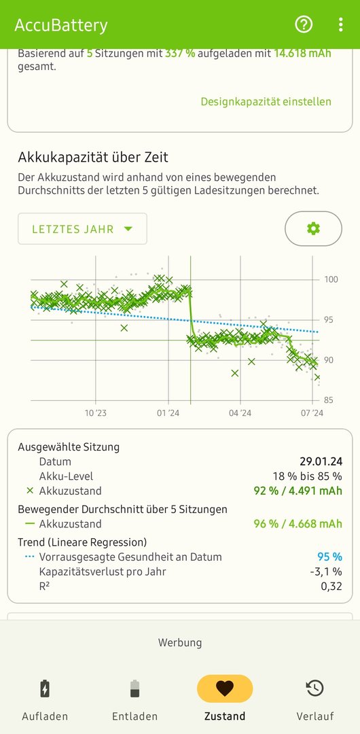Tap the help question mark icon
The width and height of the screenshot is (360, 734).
click(x=304, y=24)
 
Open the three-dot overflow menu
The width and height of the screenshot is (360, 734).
click(x=340, y=24)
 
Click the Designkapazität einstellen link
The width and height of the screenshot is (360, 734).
click(x=266, y=101)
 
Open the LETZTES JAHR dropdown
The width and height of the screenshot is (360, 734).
click(x=82, y=229)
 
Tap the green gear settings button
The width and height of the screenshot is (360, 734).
click(x=313, y=228)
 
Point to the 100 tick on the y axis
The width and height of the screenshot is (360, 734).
click(x=331, y=279)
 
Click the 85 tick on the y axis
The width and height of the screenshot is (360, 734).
click(x=329, y=400)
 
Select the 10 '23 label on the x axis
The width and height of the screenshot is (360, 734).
click(x=96, y=413)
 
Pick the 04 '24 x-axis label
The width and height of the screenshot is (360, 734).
click(x=240, y=413)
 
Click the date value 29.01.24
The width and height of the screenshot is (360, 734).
click(x=321, y=461)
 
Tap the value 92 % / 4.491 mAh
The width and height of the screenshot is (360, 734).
click(x=298, y=491)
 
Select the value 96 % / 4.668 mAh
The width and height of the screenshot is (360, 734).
click(x=298, y=524)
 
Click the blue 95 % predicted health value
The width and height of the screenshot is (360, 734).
click(x=329, y=557)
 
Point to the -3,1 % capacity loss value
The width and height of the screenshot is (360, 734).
click(x=326, y=572)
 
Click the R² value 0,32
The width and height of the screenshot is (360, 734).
click(x=331, y=586)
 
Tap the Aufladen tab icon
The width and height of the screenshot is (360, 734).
click(x=44, y=688)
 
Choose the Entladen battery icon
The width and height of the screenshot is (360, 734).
click(x=134, y=688)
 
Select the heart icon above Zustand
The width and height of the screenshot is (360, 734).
click(x=225, y=688)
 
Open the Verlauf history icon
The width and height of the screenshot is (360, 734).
click(x=314, y=688)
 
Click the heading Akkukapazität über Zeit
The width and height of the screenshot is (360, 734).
click(x=93, y=157)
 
